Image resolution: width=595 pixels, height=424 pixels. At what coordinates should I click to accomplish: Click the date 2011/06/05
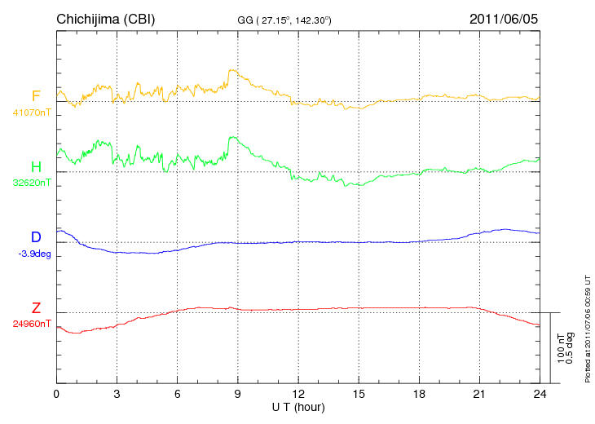point(504,19)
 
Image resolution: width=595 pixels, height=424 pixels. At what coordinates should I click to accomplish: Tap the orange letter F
point(36,96)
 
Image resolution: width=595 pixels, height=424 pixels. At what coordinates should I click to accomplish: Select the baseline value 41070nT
point(31,113)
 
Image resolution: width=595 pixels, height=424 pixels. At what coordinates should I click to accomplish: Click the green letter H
point(36,167)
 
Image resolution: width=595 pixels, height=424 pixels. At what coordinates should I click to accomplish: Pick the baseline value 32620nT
point(31,183)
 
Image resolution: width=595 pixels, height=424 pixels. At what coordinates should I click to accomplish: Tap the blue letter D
point(36,237)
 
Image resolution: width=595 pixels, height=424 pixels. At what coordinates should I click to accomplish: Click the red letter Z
point(36,308)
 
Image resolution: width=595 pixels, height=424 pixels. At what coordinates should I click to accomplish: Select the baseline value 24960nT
point(31,324)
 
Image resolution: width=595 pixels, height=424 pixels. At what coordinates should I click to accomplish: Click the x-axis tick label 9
point(237,394)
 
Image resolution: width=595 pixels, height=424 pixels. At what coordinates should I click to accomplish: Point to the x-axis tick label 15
point(358,394)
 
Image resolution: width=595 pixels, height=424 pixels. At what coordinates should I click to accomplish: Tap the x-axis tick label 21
point(478,394)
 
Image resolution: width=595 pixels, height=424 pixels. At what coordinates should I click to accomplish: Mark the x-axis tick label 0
point(56,394)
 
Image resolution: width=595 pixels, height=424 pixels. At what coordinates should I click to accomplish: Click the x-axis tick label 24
point(539,394)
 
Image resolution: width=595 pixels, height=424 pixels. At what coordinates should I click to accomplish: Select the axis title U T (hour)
point(298,406)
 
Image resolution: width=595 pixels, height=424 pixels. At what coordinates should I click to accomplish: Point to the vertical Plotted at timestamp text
point(587,326)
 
